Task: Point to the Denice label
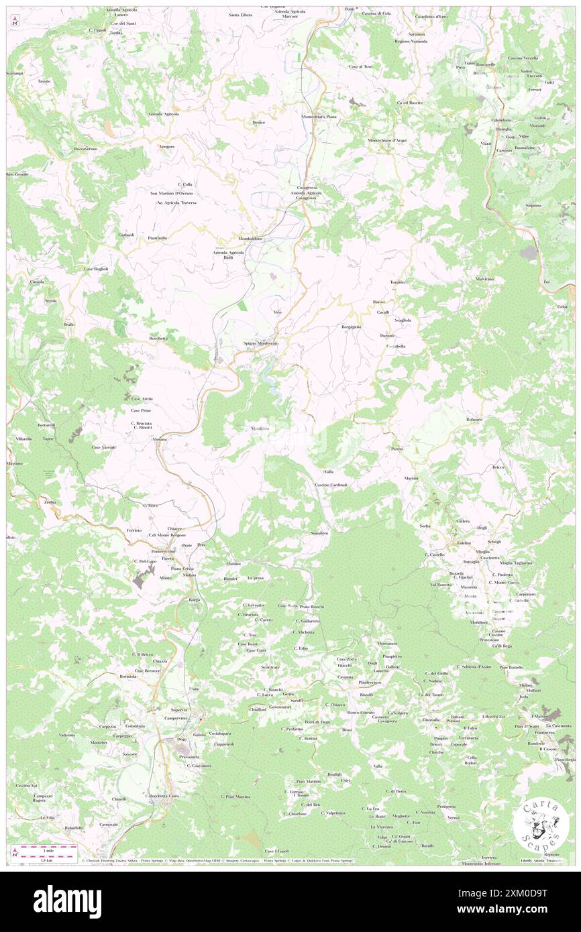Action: pyautogui.click(x=258, y=122)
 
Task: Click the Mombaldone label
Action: pyautogui.click(x=250, y=239)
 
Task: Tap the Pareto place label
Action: pyautogui.click(x=397, y=448)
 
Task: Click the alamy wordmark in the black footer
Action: pyautogui.click(x=67, y=901)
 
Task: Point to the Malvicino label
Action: pyautogui.click(x=484, y=278)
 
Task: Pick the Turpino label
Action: pyautogui.click(x=398, y=282)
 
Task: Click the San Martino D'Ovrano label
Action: pyautogui.click(x=171, y=193)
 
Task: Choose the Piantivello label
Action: pyautogui.click(x=158, y=238)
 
